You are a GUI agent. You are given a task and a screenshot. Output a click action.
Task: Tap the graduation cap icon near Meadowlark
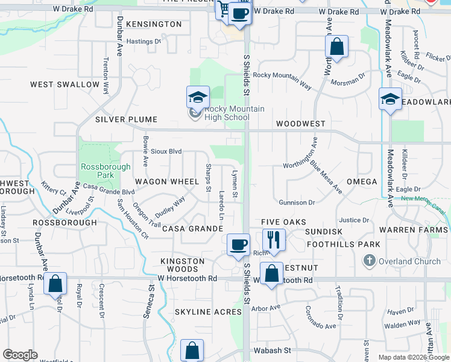(x=389, y=98)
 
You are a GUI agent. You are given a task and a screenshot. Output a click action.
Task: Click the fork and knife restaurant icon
(x=274, y=240)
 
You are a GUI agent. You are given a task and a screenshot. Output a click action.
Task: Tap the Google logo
(x=20, y=355)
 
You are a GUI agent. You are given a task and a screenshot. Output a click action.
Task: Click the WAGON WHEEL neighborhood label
(x=167, y=182)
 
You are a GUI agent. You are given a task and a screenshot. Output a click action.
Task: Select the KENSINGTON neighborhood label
(x=154, y=24)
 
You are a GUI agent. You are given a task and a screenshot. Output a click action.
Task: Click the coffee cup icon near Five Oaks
(x=239, y=244)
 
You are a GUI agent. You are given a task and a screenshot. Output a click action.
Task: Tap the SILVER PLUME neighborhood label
(x=126, y=119)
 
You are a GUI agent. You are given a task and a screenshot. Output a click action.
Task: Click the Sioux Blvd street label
(x=166, y=151)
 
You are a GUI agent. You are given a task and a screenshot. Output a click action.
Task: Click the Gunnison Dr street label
(x=297, y=203)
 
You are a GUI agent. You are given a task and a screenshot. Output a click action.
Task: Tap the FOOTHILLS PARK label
(x=343, y=244)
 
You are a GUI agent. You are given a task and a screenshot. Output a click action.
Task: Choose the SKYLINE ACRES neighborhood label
(x=208, y=312)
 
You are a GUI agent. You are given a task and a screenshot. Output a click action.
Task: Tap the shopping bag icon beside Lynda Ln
(x=55, y=283)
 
